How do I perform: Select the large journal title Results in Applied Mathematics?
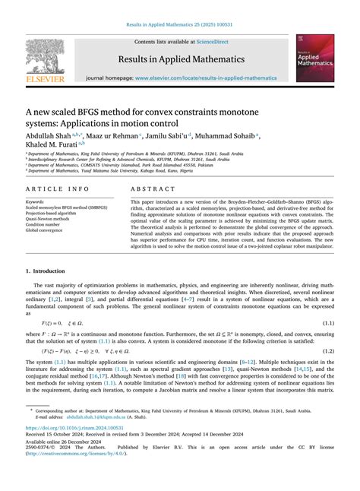coord(179,58)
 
